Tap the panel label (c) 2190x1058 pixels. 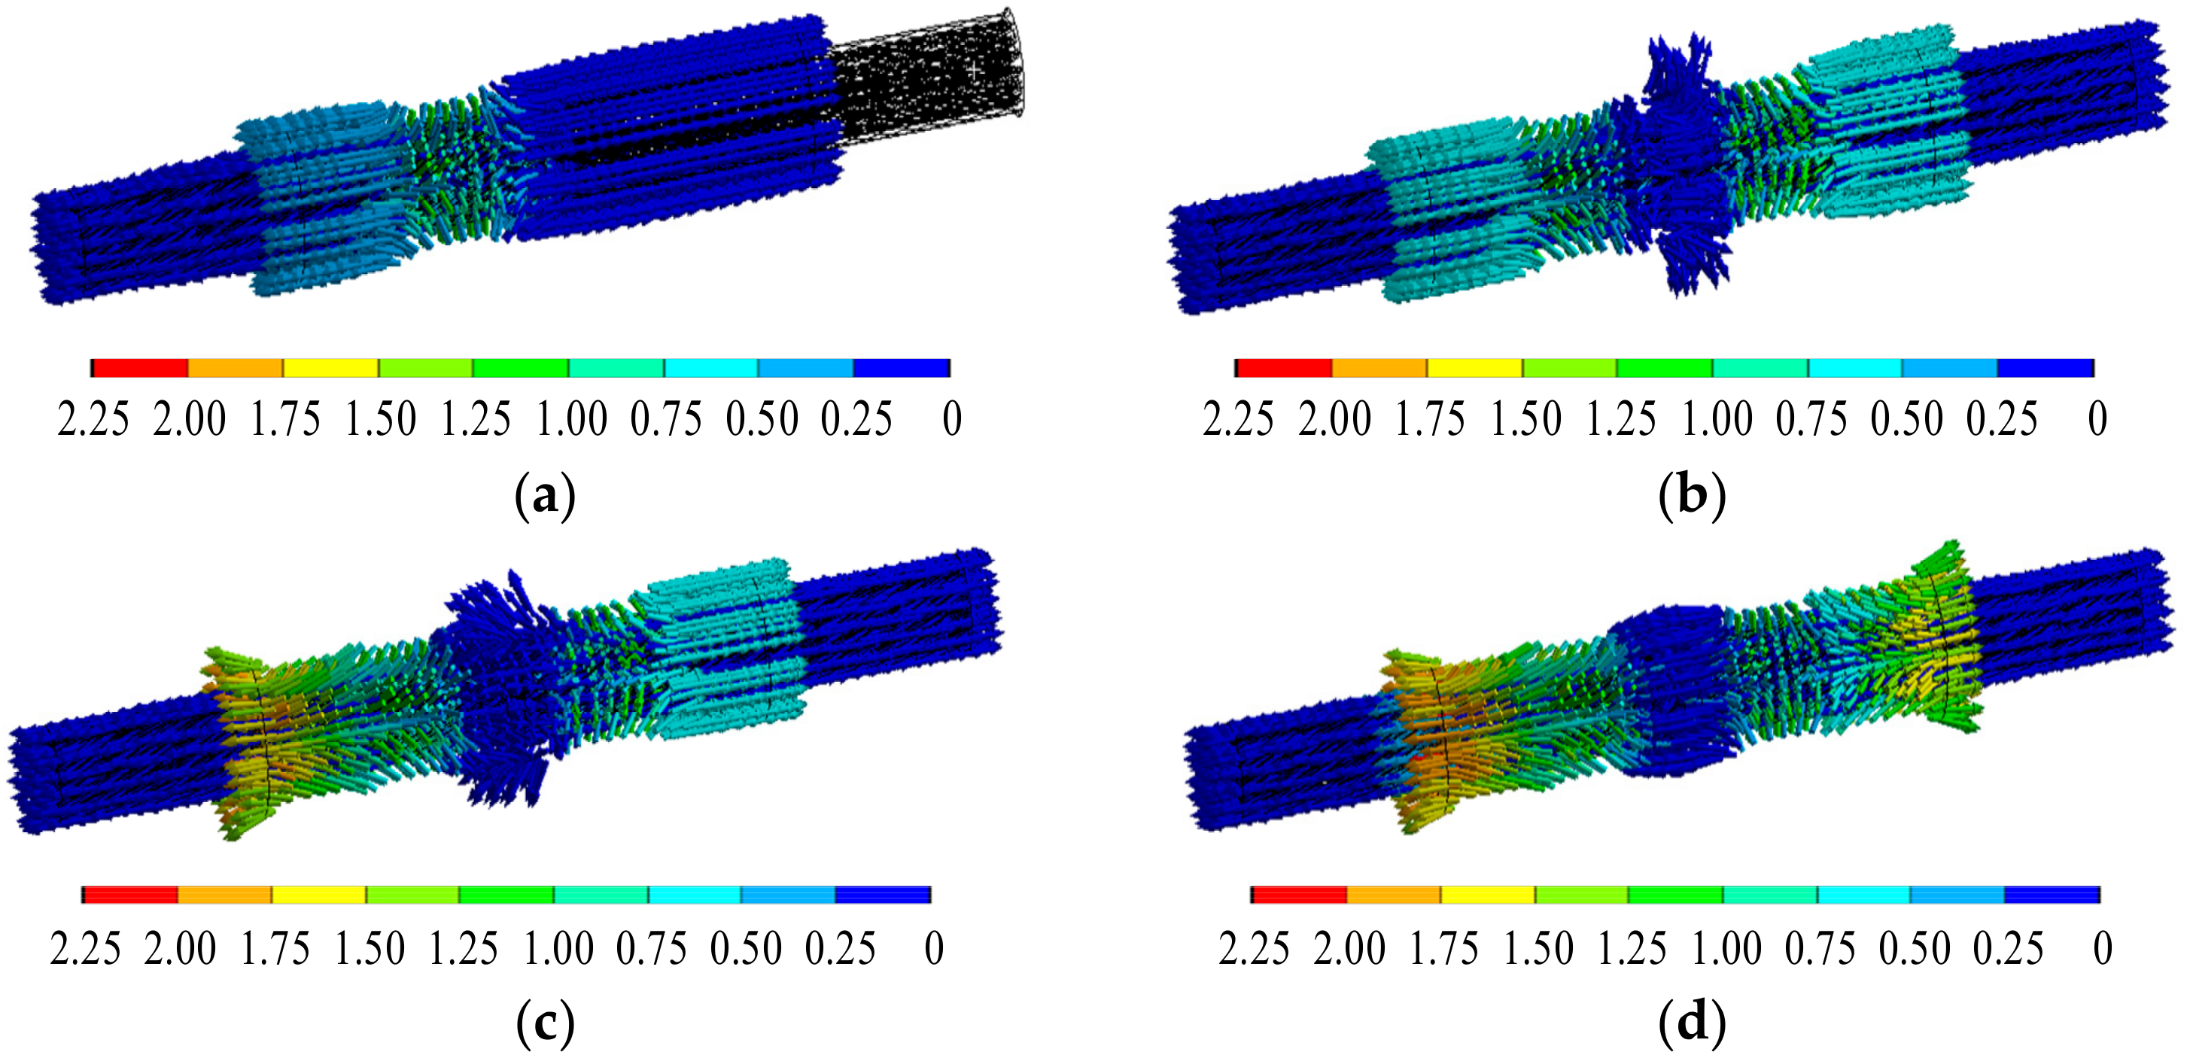545,1024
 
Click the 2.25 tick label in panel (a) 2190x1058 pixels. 93,419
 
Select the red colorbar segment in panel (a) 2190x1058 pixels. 140,368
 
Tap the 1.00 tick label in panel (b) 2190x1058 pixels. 1717,419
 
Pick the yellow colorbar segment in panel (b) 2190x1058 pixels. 1474,368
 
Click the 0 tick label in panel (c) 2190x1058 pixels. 933,948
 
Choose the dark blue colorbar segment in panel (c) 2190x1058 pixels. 883,895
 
